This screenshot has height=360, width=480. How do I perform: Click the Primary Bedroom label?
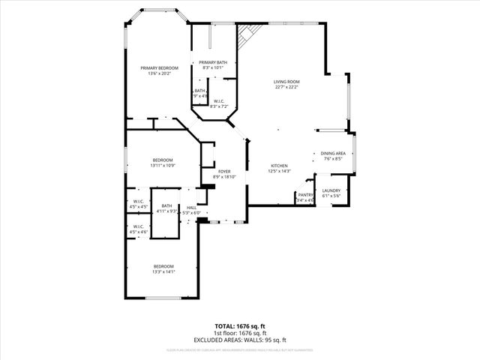coord(158,67)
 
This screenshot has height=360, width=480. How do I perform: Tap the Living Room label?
coord(286,82)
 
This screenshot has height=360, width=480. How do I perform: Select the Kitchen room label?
coord(279,165)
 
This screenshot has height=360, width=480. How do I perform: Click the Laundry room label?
coord(331,190)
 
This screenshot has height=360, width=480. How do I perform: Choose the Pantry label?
coord(305,195)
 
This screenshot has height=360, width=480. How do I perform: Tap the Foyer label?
coord(224,172)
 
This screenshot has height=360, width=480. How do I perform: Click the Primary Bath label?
coord(212,62)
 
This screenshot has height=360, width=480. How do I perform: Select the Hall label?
coord(192,207)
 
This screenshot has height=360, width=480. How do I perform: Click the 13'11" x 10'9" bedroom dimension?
coord(163,166)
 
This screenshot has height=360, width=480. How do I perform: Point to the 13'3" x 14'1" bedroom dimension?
coord(163,272)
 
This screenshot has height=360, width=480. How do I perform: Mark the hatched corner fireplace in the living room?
coord(248,34)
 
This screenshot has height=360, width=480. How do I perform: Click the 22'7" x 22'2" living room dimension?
coord(286,87)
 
